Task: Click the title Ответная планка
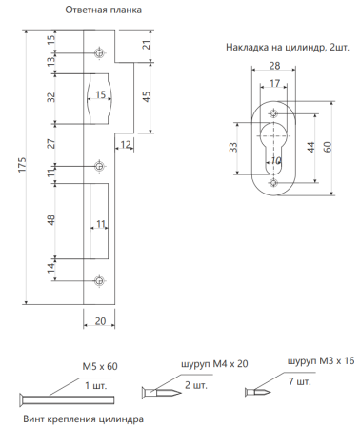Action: (x=104, y=10)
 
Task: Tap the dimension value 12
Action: (x=127, y=144)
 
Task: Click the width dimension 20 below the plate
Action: (x=100, y=323)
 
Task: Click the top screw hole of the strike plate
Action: (x=99, y=52)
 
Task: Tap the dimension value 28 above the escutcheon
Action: (x=274, y=67)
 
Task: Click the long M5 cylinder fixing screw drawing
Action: (x=57, y=397)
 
